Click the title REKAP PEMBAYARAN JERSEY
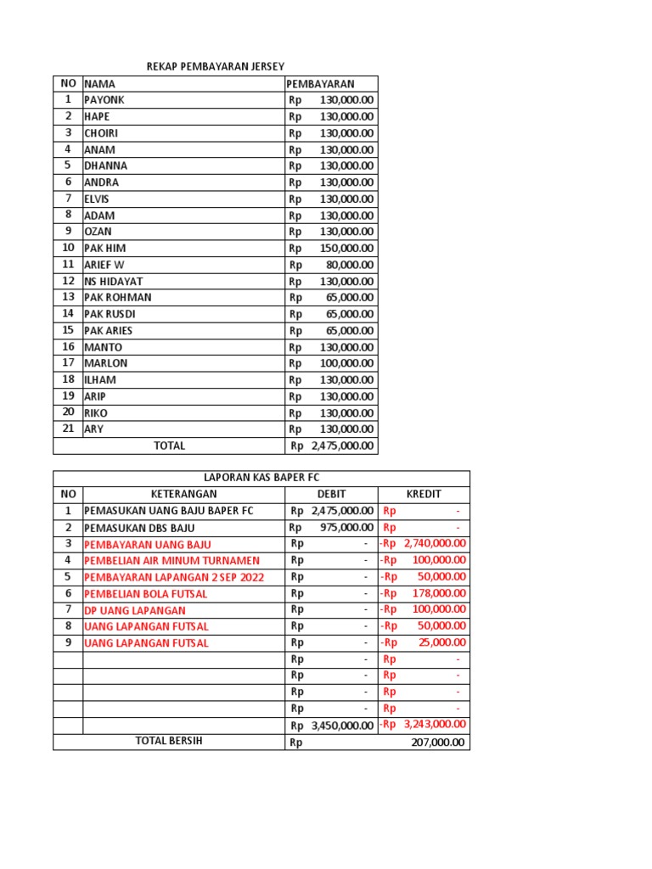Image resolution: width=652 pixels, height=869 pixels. pos(216,66)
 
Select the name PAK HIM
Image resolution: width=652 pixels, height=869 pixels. pos(104,248)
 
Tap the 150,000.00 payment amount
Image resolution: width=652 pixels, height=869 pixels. pos(346,248)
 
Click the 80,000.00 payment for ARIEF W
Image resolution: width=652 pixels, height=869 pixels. pos(350,265)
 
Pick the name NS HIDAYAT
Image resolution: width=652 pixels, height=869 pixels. pos(113,281)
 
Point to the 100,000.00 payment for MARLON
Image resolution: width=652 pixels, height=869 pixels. pos(346,363)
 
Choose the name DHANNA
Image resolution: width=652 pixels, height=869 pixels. pos(105,165)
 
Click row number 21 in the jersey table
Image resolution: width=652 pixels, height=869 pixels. pos(68,429)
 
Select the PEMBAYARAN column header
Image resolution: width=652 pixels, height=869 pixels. pos(320,84)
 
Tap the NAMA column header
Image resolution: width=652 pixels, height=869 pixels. pos(99,84)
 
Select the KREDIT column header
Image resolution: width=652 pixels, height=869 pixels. pos(424,494)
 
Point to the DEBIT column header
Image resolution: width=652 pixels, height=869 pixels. pos(331,494)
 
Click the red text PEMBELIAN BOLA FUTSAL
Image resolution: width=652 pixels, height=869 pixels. pos(145,594)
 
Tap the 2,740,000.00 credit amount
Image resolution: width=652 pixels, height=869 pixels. pos(435,544)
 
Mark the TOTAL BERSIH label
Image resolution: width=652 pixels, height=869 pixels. pos(169,741)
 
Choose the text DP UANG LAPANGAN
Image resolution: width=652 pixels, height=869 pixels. pos(134,610)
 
